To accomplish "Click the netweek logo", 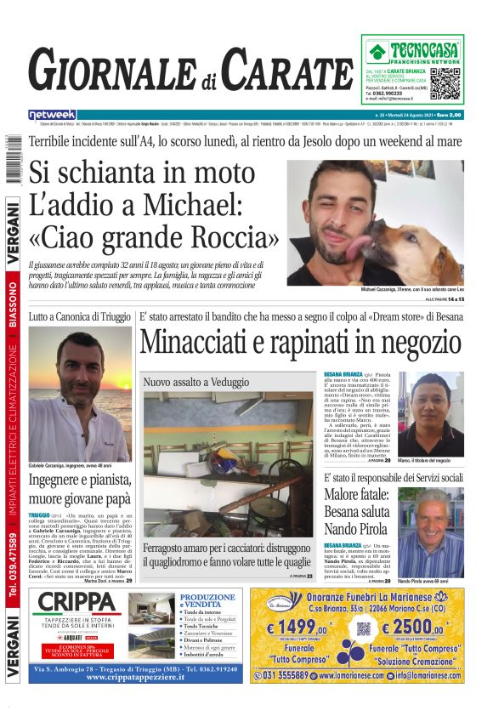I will point(52,115).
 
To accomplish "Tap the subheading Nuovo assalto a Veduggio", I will point(192,383).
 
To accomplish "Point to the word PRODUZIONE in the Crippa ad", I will point(207,597).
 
